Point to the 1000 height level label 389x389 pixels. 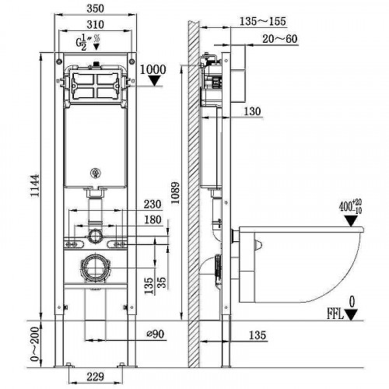(x=153, y=69)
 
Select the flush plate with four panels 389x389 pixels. (x=96, y=86)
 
